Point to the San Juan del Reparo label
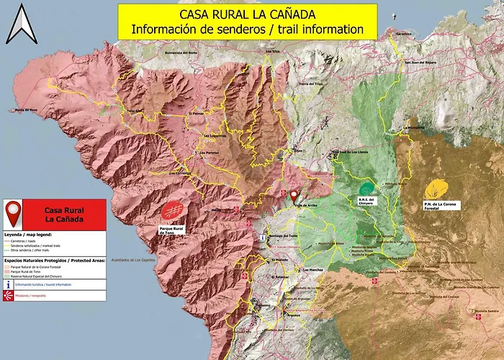pos(420,62)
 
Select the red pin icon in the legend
pos(13,214)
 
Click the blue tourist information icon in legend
pos(7,284)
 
